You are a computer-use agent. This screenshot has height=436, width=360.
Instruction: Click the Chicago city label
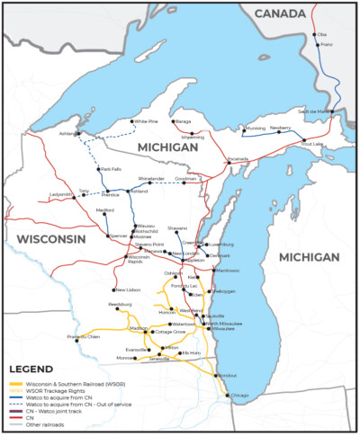238,396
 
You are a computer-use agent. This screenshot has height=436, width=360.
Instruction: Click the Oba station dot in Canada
315,35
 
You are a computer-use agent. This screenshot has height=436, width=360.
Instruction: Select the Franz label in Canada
328,44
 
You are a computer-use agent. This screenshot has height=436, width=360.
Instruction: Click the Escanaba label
237,158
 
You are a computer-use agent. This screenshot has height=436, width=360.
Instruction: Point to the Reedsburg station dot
117,309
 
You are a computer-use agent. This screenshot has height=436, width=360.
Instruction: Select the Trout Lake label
312,144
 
